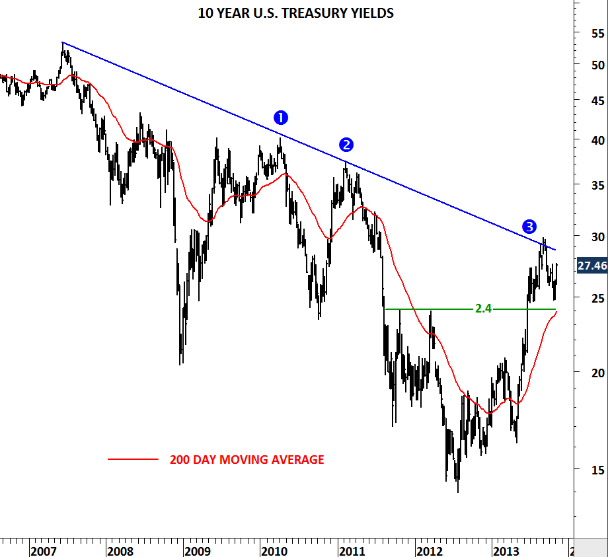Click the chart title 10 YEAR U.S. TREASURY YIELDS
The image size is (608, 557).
tap(295, 13)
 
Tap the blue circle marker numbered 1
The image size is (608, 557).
tap(281, 118)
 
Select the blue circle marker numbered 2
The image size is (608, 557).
tap(346, 145)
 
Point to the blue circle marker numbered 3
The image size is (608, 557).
tap(529, 227)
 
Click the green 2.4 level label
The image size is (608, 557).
tap(483, 309)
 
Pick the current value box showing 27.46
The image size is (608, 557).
tap(592, 266)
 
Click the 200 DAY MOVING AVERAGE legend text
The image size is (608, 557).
tap(247, 459)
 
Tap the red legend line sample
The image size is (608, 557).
tap(133, 459)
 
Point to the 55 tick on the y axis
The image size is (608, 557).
tap(599, 32)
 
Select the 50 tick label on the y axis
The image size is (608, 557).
tap(599, 65)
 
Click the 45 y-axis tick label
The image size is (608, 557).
tap(599, 100)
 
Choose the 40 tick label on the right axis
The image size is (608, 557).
tap(599, 140)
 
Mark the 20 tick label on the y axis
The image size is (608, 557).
tap(599, 373)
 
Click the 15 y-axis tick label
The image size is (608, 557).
tap(599, 470)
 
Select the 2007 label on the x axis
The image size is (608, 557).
tap(43, 550)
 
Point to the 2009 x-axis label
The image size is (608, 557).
tap(197, 550)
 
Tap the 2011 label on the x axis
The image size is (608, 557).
tap(351, 550)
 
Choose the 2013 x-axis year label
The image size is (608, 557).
tap(506, 550)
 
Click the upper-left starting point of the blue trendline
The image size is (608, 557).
tap(62, 42)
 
